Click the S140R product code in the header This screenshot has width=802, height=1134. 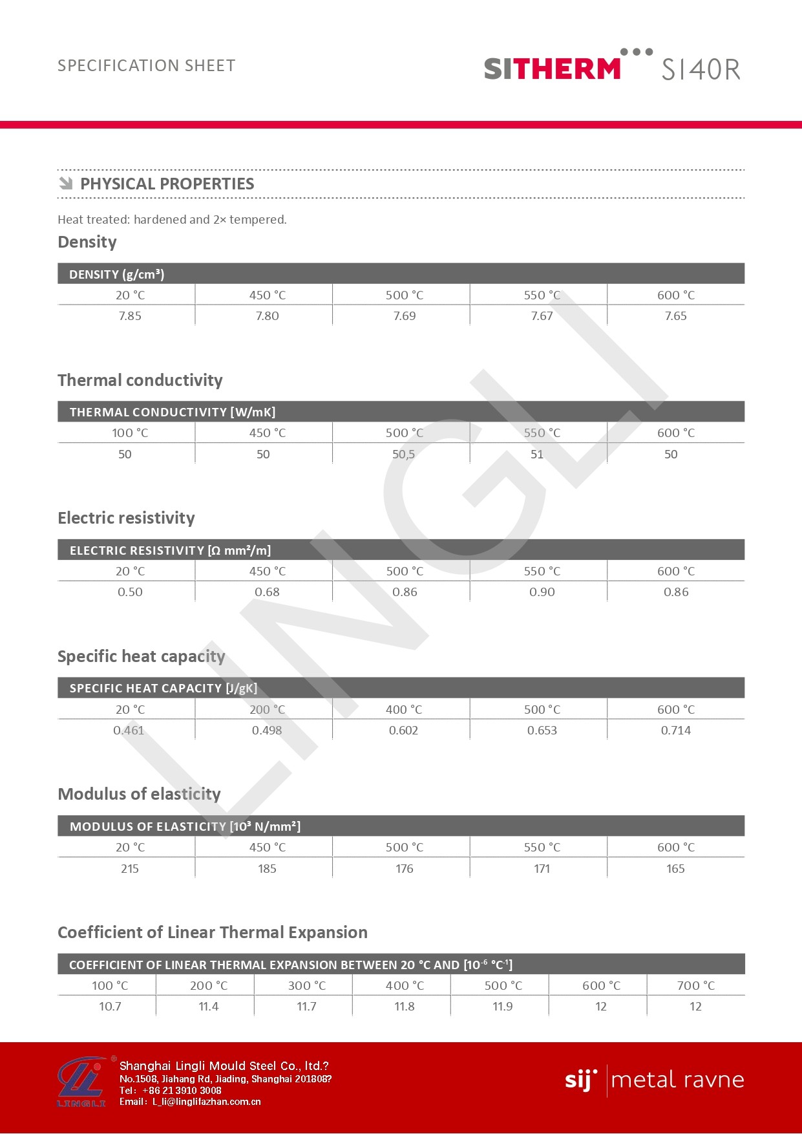(x=701, y=69)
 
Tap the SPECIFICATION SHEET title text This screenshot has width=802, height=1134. (x=147, y=65)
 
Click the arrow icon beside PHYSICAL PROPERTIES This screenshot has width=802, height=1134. (x=65, y=184)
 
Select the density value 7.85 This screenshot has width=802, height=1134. (x=130, y=316)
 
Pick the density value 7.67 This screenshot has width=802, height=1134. (x=542, y=316)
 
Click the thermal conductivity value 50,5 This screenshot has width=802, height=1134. (x=404, y=455)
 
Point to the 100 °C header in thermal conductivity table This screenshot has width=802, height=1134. (x=130, y=433)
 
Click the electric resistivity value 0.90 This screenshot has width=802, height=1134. (x=542, y=592)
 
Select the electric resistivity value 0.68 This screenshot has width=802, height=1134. (x=267, y=592)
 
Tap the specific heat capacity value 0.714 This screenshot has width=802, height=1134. (x=675, y=731)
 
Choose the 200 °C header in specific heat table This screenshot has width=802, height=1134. (x=267, y=710)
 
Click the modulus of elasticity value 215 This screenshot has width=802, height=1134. (x=130, y=869)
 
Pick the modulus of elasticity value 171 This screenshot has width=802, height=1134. (x=542, y=869)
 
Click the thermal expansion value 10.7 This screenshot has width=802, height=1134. (x=110, y=1007)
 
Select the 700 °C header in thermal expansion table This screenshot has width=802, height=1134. (x=695, y=986)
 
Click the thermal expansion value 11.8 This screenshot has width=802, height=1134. (x=405, y=1007)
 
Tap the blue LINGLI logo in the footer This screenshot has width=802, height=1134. (x=81, y=1082)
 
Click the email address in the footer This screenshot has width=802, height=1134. (x=206, y=1102)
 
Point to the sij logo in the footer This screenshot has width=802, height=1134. (x=580, y=1080)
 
